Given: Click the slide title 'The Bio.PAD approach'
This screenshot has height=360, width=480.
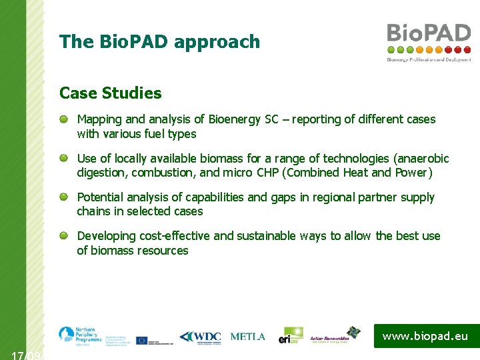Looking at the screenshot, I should [x=159, y=42].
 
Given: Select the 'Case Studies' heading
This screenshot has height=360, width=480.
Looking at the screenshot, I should [x=110, y=93].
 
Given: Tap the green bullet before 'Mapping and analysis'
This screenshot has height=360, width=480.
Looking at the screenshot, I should [x=63, y=119].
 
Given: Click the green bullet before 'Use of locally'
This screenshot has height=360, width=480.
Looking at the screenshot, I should [x=63, y=159].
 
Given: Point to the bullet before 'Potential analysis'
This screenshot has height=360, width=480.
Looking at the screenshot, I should [x=63, y=197].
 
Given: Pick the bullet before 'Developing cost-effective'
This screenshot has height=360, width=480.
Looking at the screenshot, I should [x=63, y=236].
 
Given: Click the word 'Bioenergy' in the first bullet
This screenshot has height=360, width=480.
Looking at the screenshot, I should [x=235, y=119].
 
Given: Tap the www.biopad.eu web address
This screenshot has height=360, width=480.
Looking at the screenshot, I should [x=425, y=336].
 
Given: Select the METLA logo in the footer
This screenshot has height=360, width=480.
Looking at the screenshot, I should [x=247, y=337].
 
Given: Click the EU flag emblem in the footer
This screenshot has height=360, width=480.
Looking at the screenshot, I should [x=141, y=339].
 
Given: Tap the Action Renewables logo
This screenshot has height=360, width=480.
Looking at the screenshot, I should [x=334, y=337].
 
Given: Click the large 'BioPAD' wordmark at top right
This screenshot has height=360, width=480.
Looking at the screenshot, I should [x=429, y=33].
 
